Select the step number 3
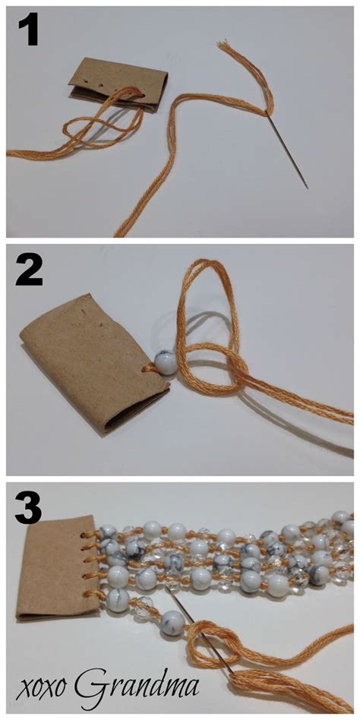pos(28,508)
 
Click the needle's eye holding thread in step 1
pos(267,112)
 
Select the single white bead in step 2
pos(165,362)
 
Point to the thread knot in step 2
pos(235,372)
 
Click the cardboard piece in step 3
pos(58,569)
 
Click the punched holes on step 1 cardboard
pos(87,79)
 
